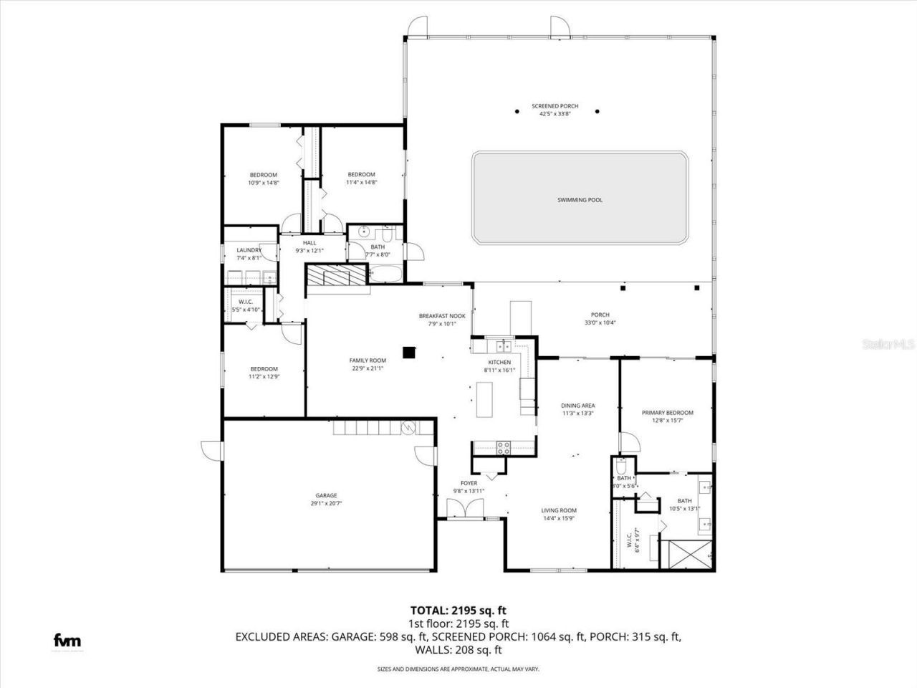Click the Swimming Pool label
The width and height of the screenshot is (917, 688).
[x=580, y=200]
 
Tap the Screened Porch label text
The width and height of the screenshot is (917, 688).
[x=554, y=106]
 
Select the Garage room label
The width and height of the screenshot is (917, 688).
[x=326, y=495]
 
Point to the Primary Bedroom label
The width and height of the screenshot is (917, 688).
[x=667, y=413]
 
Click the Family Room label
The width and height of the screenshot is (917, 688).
[x=368, y=360]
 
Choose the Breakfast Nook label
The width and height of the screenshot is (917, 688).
[x=442, y=315]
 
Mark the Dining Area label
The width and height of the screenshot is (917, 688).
[x=577, y=406]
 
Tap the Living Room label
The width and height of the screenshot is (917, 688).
[x=559, y=511]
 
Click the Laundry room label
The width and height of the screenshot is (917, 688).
[x=249, y=250]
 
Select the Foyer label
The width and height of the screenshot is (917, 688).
[x=469, y=483]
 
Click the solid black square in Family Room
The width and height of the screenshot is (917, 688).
[x=409, y=352]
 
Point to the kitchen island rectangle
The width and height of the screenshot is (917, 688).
[x=486, y=400]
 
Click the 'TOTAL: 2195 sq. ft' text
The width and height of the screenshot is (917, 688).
[x=458, y=611]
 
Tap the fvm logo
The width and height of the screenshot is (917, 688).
[x=68, y=641]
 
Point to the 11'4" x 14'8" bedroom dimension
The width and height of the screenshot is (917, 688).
[x=362, y=182]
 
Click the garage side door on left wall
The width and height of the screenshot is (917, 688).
[x=211, y=449]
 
